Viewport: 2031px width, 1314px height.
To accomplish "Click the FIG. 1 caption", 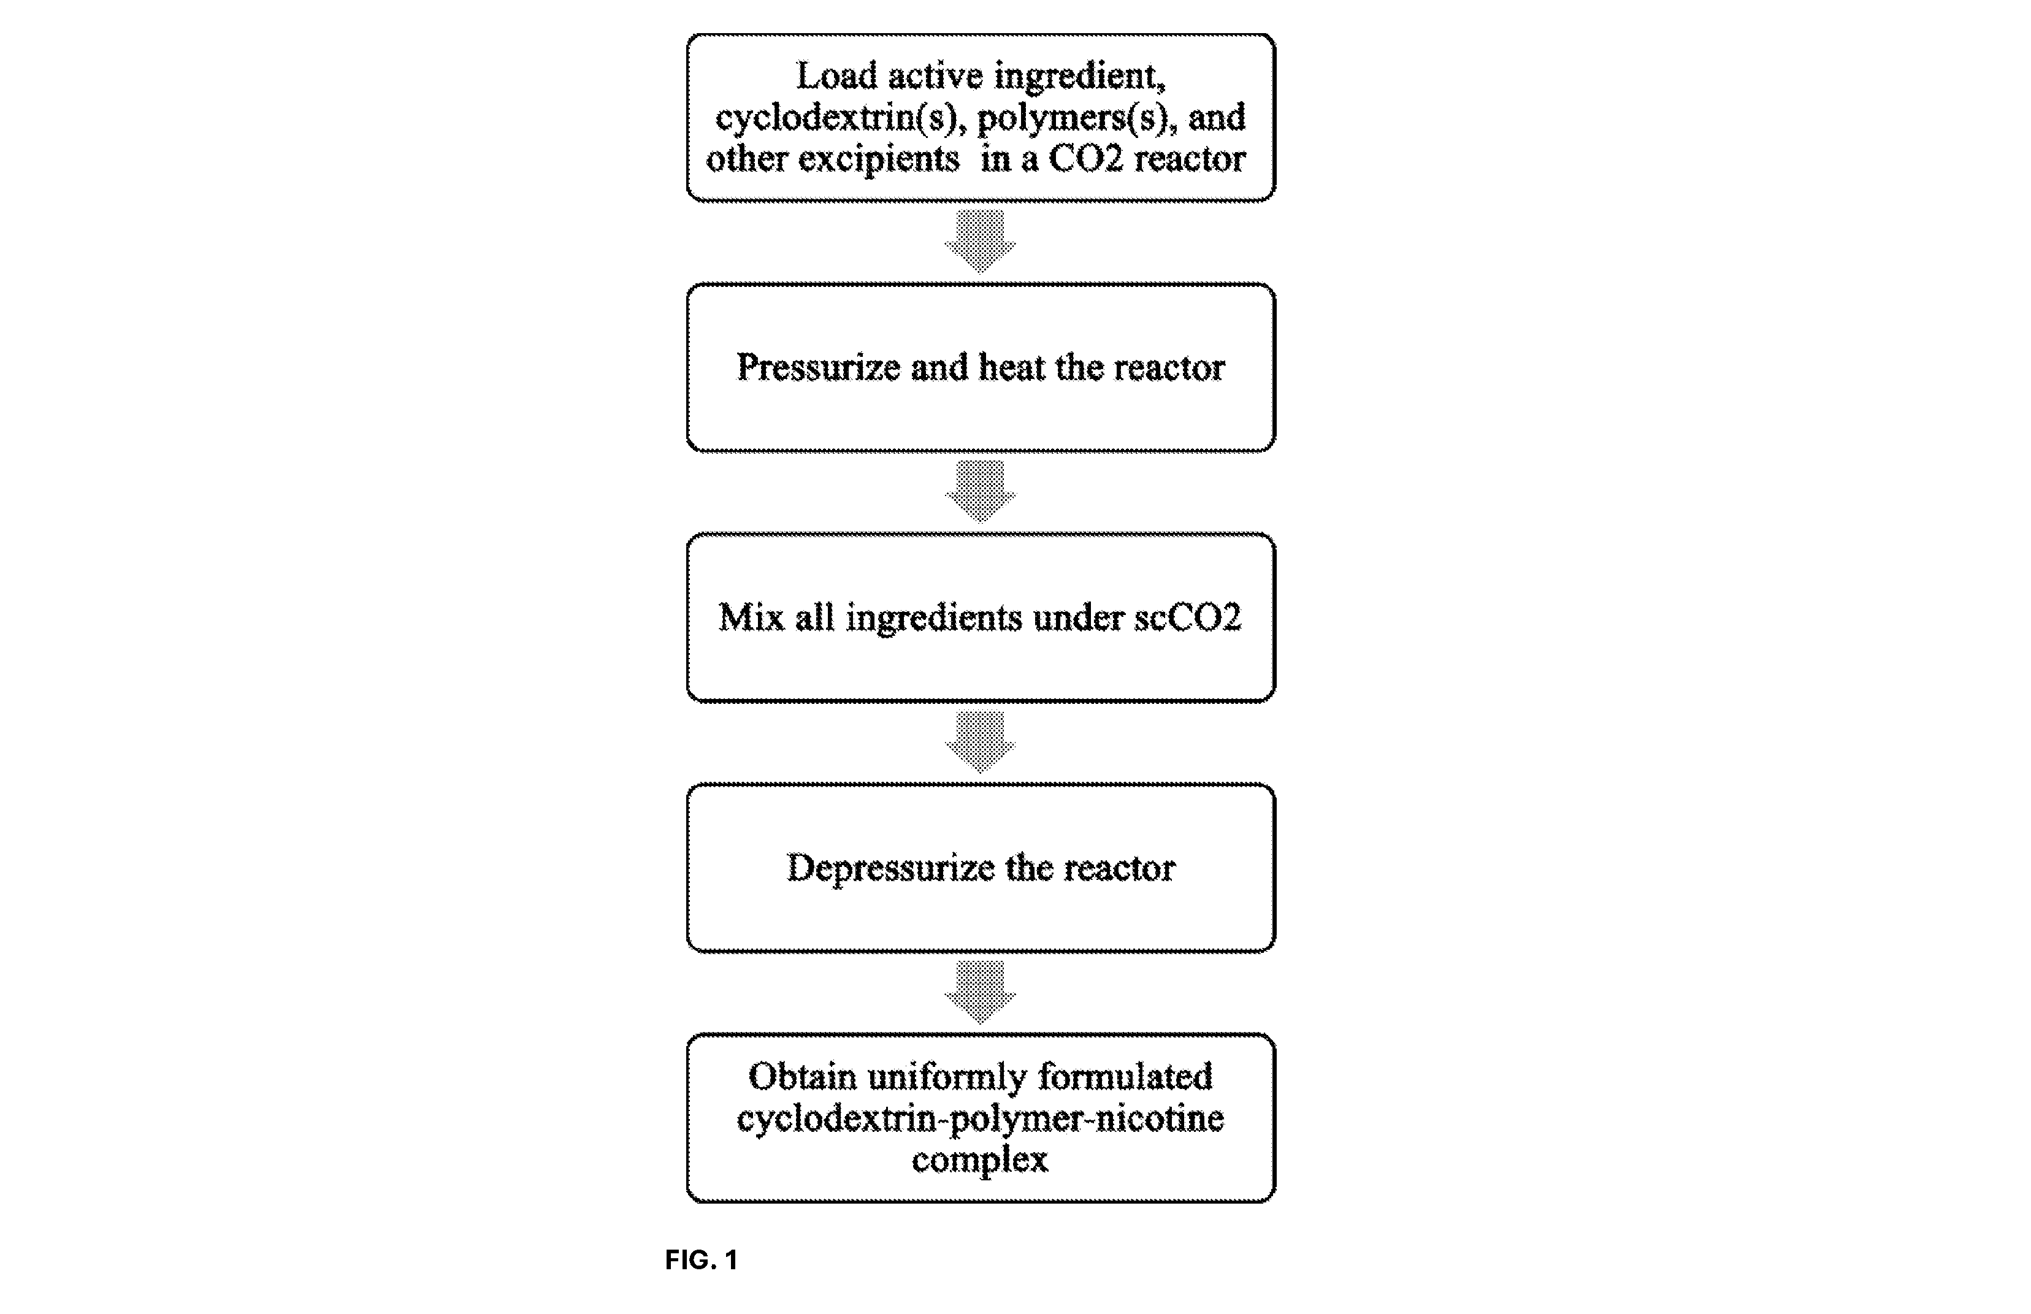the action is coord(702,1259).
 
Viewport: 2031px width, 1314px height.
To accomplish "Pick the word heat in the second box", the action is coord(1011,367).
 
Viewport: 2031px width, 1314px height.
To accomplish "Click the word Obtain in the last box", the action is coord(802,1076).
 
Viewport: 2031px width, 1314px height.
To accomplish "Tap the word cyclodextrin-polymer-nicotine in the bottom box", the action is coord(981,1118).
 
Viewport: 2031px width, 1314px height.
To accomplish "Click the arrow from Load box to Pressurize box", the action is coord(980,242).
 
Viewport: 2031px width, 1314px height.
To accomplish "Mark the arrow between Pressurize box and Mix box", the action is coord(980,492).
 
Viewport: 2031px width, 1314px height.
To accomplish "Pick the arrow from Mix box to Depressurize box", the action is coord(980,741).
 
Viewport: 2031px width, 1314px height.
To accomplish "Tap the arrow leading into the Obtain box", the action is coord(980,991).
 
